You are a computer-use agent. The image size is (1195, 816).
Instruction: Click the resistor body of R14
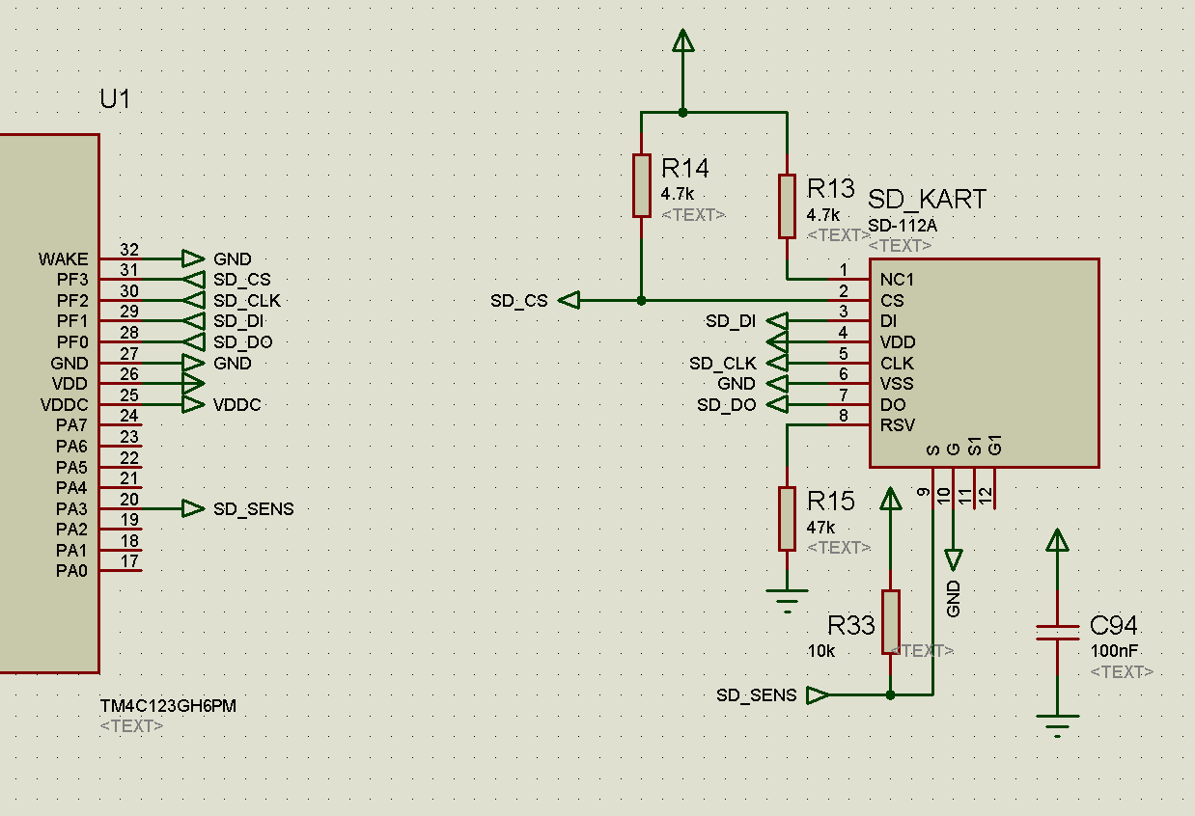(641, 185)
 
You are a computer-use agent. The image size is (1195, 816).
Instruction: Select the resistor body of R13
(787, 205)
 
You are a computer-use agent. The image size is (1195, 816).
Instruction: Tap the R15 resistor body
(787, 518)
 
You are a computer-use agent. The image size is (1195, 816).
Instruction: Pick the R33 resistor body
(890, 622)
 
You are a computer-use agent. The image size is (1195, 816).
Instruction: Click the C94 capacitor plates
(1057, 632)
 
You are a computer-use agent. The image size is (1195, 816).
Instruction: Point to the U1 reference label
(115, 99)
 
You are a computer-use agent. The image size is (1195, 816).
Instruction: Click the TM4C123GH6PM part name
(168, 706)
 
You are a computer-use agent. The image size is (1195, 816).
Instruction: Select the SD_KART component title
(927, 200)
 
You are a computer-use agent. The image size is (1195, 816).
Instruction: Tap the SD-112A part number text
(903, 226)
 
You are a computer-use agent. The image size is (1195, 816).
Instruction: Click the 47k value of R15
(820, 528)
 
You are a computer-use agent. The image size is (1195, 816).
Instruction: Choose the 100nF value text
(1114, 651)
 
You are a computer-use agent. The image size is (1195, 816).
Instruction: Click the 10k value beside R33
(821, 651)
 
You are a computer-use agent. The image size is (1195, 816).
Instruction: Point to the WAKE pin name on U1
(63, 259)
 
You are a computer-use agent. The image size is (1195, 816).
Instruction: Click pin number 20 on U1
(129, 499)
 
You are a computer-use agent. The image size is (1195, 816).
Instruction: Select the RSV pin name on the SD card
(898, 425)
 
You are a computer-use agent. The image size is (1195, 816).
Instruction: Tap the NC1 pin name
(897, 280)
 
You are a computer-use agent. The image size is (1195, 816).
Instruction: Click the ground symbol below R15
(787, 601)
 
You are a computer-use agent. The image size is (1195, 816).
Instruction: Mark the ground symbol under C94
(1057, 726)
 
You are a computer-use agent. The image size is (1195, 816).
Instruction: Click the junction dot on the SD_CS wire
(641, 301)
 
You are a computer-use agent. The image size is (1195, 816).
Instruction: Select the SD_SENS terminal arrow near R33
(818, 695)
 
